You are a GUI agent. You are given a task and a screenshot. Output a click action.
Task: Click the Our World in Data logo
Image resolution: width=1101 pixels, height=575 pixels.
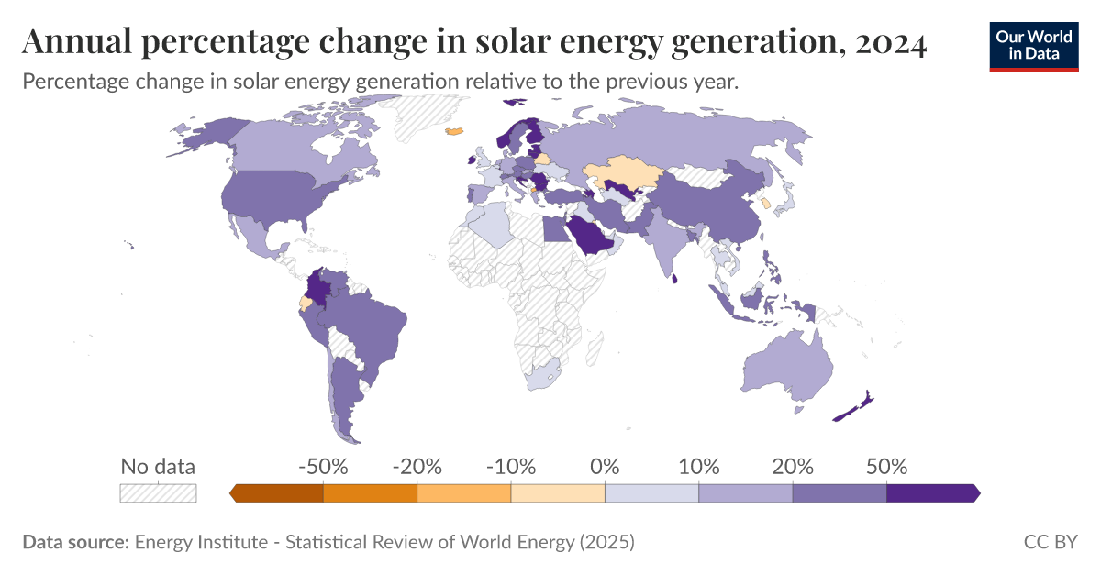[1033, 43]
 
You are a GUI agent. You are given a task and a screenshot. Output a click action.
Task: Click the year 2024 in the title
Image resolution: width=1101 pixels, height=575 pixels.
[890, 41]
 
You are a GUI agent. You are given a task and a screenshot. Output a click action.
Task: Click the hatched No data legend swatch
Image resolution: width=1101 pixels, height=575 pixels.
[158, 492]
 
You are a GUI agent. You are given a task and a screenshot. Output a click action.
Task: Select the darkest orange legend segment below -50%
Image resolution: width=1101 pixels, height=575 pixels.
[278, 492]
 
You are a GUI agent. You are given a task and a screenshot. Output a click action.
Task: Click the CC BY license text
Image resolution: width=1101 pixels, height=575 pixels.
[1051, 542]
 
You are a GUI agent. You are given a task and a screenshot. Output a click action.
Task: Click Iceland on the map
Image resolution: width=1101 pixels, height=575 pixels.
[454, 131]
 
